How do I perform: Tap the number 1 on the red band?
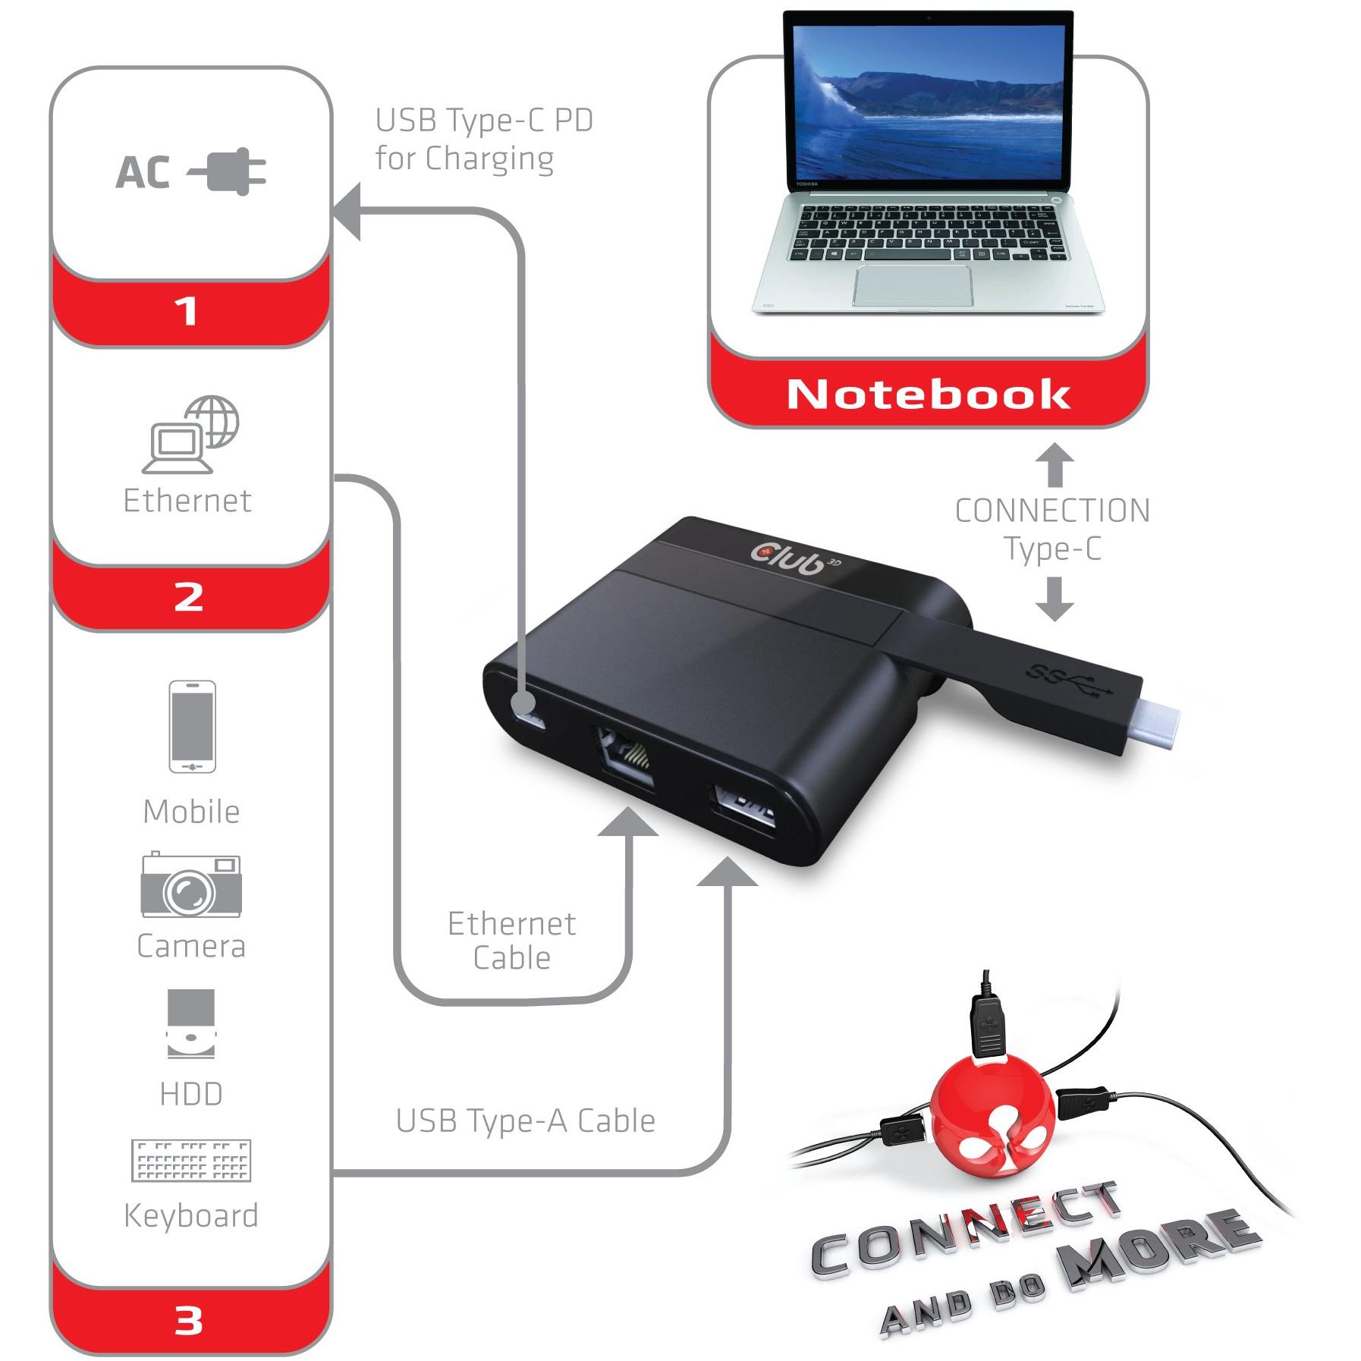[187, 311]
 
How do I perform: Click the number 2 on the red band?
[188, 597]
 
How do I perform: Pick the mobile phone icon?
[192, 726]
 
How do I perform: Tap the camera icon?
[191, 885]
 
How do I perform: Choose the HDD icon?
[191, 1023]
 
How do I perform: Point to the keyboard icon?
[191, 1161]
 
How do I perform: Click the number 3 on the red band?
[188, 1321]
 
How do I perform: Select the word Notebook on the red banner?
[929, 394]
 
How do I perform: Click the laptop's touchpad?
[913, 286]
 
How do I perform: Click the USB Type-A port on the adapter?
[743, 812]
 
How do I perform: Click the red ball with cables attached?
[992, 1115]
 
